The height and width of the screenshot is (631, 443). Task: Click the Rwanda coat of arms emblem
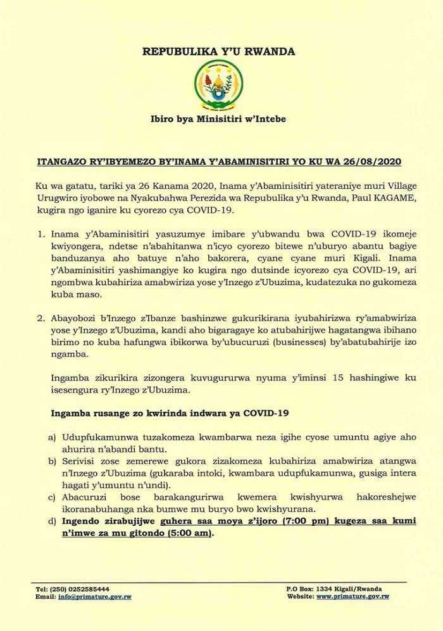coord(221,85)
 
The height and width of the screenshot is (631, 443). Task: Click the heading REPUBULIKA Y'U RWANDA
coord(221,52)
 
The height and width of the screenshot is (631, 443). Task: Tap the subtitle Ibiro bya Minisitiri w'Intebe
coord(221,118)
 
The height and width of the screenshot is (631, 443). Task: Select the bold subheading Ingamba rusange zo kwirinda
coord(170,414)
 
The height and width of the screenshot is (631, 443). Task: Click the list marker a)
coord(53,437)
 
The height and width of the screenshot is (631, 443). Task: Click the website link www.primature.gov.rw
coord(353,596)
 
